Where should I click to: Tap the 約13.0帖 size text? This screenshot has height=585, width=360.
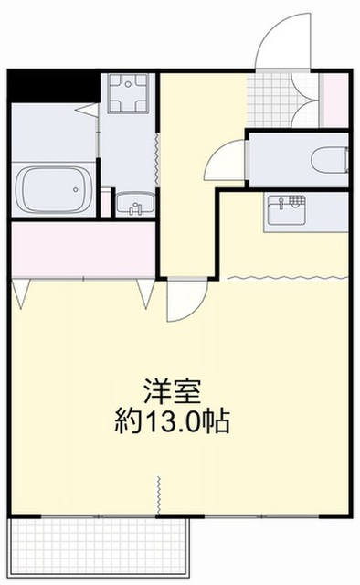pyautogui.click(x=171, y=421)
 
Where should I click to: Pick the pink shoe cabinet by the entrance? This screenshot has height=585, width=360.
pyautogui.click(x=334, y=98)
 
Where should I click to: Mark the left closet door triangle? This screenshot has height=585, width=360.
pyautogui.click(x=22, y=293)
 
